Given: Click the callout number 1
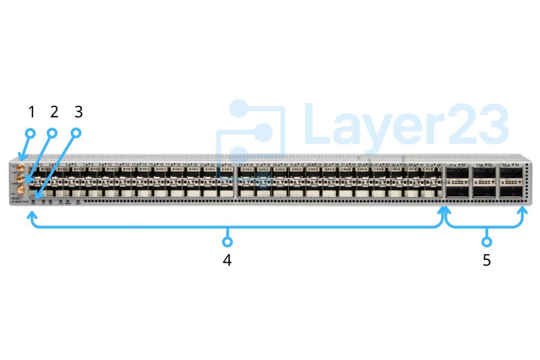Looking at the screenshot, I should coord(31,112).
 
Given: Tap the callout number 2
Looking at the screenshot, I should coord(54,112).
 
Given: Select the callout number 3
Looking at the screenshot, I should coord(78,112).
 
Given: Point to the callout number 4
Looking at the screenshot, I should coord(227,260).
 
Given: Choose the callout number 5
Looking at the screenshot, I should coord(486,260).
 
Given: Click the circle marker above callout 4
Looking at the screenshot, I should coord(227,242).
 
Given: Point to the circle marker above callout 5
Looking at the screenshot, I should coord(487,242).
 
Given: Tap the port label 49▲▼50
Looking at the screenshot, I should coord(457,165).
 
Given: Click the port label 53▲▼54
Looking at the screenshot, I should coord(510,165).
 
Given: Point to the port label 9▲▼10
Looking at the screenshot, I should coord(105,165).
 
